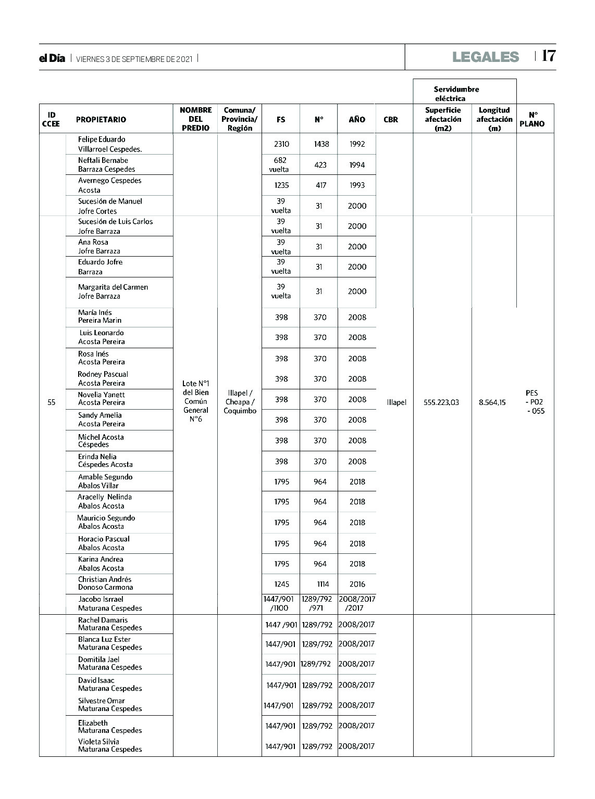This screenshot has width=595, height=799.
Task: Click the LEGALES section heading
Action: (x=486, y=57)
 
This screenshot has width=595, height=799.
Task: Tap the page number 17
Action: (x=549, y=56)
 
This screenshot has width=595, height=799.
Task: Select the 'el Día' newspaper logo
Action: (x=52, y=59)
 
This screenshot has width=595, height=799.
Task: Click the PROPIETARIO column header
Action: (x=101, y=120)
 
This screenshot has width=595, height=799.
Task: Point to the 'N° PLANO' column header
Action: (x=532, y=119)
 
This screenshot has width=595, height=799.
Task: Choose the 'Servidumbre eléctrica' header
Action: (x=456, y=94)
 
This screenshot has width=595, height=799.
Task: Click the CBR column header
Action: (x=391, y=120)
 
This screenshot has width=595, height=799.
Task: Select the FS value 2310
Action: (x=281, y=144)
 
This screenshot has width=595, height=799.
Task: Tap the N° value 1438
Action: (x=321, y=144)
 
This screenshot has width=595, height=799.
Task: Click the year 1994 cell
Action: (x=357, y=165)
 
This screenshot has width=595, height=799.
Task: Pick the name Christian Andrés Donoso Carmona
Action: (x=105, y=584)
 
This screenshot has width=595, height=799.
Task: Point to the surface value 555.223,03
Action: (x=441, y=402)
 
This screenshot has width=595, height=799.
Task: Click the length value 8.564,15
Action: (x=492, y=402)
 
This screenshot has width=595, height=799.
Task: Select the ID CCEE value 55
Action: (x=51, y=402)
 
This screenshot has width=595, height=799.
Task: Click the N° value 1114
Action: (x=323, y=584)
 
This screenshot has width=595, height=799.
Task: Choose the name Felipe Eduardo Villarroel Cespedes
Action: (x=109, y=144)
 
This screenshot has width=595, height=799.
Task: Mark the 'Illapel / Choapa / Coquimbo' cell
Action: (x=240, y=402)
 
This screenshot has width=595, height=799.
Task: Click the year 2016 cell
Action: (x=357, y=584)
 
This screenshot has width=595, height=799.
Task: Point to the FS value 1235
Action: (x=281, y=185)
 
